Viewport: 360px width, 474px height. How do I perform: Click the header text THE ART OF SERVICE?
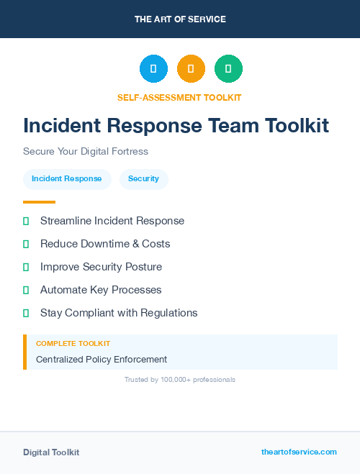tap(180, 19)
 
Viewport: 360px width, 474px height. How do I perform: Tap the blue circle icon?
tap(153, 68)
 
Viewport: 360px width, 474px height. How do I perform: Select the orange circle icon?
tap(191, 68)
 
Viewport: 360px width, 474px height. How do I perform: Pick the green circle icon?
tap(228, 68)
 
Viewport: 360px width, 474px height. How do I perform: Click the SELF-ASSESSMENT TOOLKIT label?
tap(179, 97)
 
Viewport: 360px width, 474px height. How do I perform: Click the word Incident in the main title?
tap(61, 126)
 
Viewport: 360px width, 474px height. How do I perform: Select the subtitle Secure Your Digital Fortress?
tap(86, 152)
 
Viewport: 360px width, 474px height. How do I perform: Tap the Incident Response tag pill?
tap(67, 179)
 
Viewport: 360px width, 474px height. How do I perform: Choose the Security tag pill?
tap(143, 179)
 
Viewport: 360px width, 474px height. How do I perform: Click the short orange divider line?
tap(39, 202)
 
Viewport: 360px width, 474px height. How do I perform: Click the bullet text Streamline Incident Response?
tap(112, 221)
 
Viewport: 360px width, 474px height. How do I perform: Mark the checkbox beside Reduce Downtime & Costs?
tap(26, 244)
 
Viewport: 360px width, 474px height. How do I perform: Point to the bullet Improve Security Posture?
tap(101, 267)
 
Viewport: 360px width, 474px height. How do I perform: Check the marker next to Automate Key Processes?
tap(26, 290)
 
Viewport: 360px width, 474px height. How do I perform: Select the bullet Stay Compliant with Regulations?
tap(119, 313)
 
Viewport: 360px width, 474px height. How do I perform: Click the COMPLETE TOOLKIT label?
tap(73, 344)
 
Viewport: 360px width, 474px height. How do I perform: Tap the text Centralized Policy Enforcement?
tap(102, 359)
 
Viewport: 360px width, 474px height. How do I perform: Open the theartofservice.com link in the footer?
tap(299, 452)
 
